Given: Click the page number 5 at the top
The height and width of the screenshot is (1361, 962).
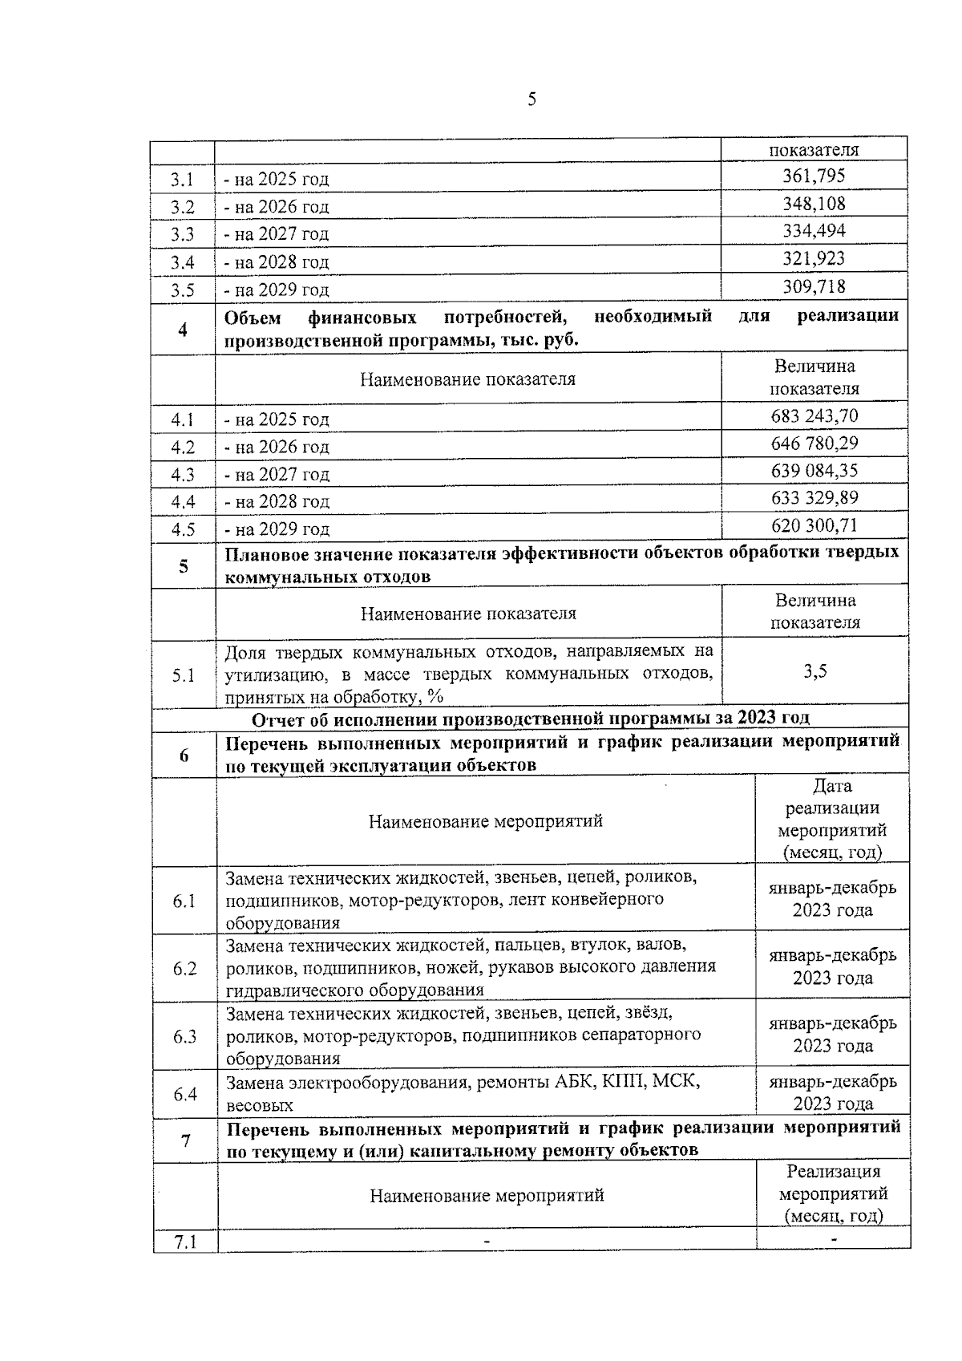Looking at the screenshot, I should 532,99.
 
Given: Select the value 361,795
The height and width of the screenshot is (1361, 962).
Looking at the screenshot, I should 814,176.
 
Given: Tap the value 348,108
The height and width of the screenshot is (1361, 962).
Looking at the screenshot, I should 814,204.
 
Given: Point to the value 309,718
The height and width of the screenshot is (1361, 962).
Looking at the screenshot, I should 814,286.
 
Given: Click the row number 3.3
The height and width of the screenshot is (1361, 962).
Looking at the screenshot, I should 183,234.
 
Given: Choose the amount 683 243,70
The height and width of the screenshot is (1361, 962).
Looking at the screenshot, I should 814,416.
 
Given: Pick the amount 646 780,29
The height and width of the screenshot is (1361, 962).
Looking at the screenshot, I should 814,444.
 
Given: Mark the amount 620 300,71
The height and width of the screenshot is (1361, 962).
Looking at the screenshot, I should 814,525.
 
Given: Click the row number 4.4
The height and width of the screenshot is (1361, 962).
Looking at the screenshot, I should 183,502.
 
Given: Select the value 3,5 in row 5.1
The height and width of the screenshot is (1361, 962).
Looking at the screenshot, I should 815,671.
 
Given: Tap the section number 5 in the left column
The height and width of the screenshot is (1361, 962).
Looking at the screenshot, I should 184,566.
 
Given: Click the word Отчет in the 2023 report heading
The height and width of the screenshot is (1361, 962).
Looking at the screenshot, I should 278,717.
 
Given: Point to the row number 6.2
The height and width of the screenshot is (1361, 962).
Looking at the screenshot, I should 184,968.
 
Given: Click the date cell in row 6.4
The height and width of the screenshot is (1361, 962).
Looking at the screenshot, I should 833,1092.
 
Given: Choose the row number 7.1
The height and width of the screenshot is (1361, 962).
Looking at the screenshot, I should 185,1242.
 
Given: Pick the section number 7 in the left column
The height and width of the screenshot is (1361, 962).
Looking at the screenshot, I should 185,1139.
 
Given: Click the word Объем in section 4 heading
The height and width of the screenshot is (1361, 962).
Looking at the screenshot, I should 253,316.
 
